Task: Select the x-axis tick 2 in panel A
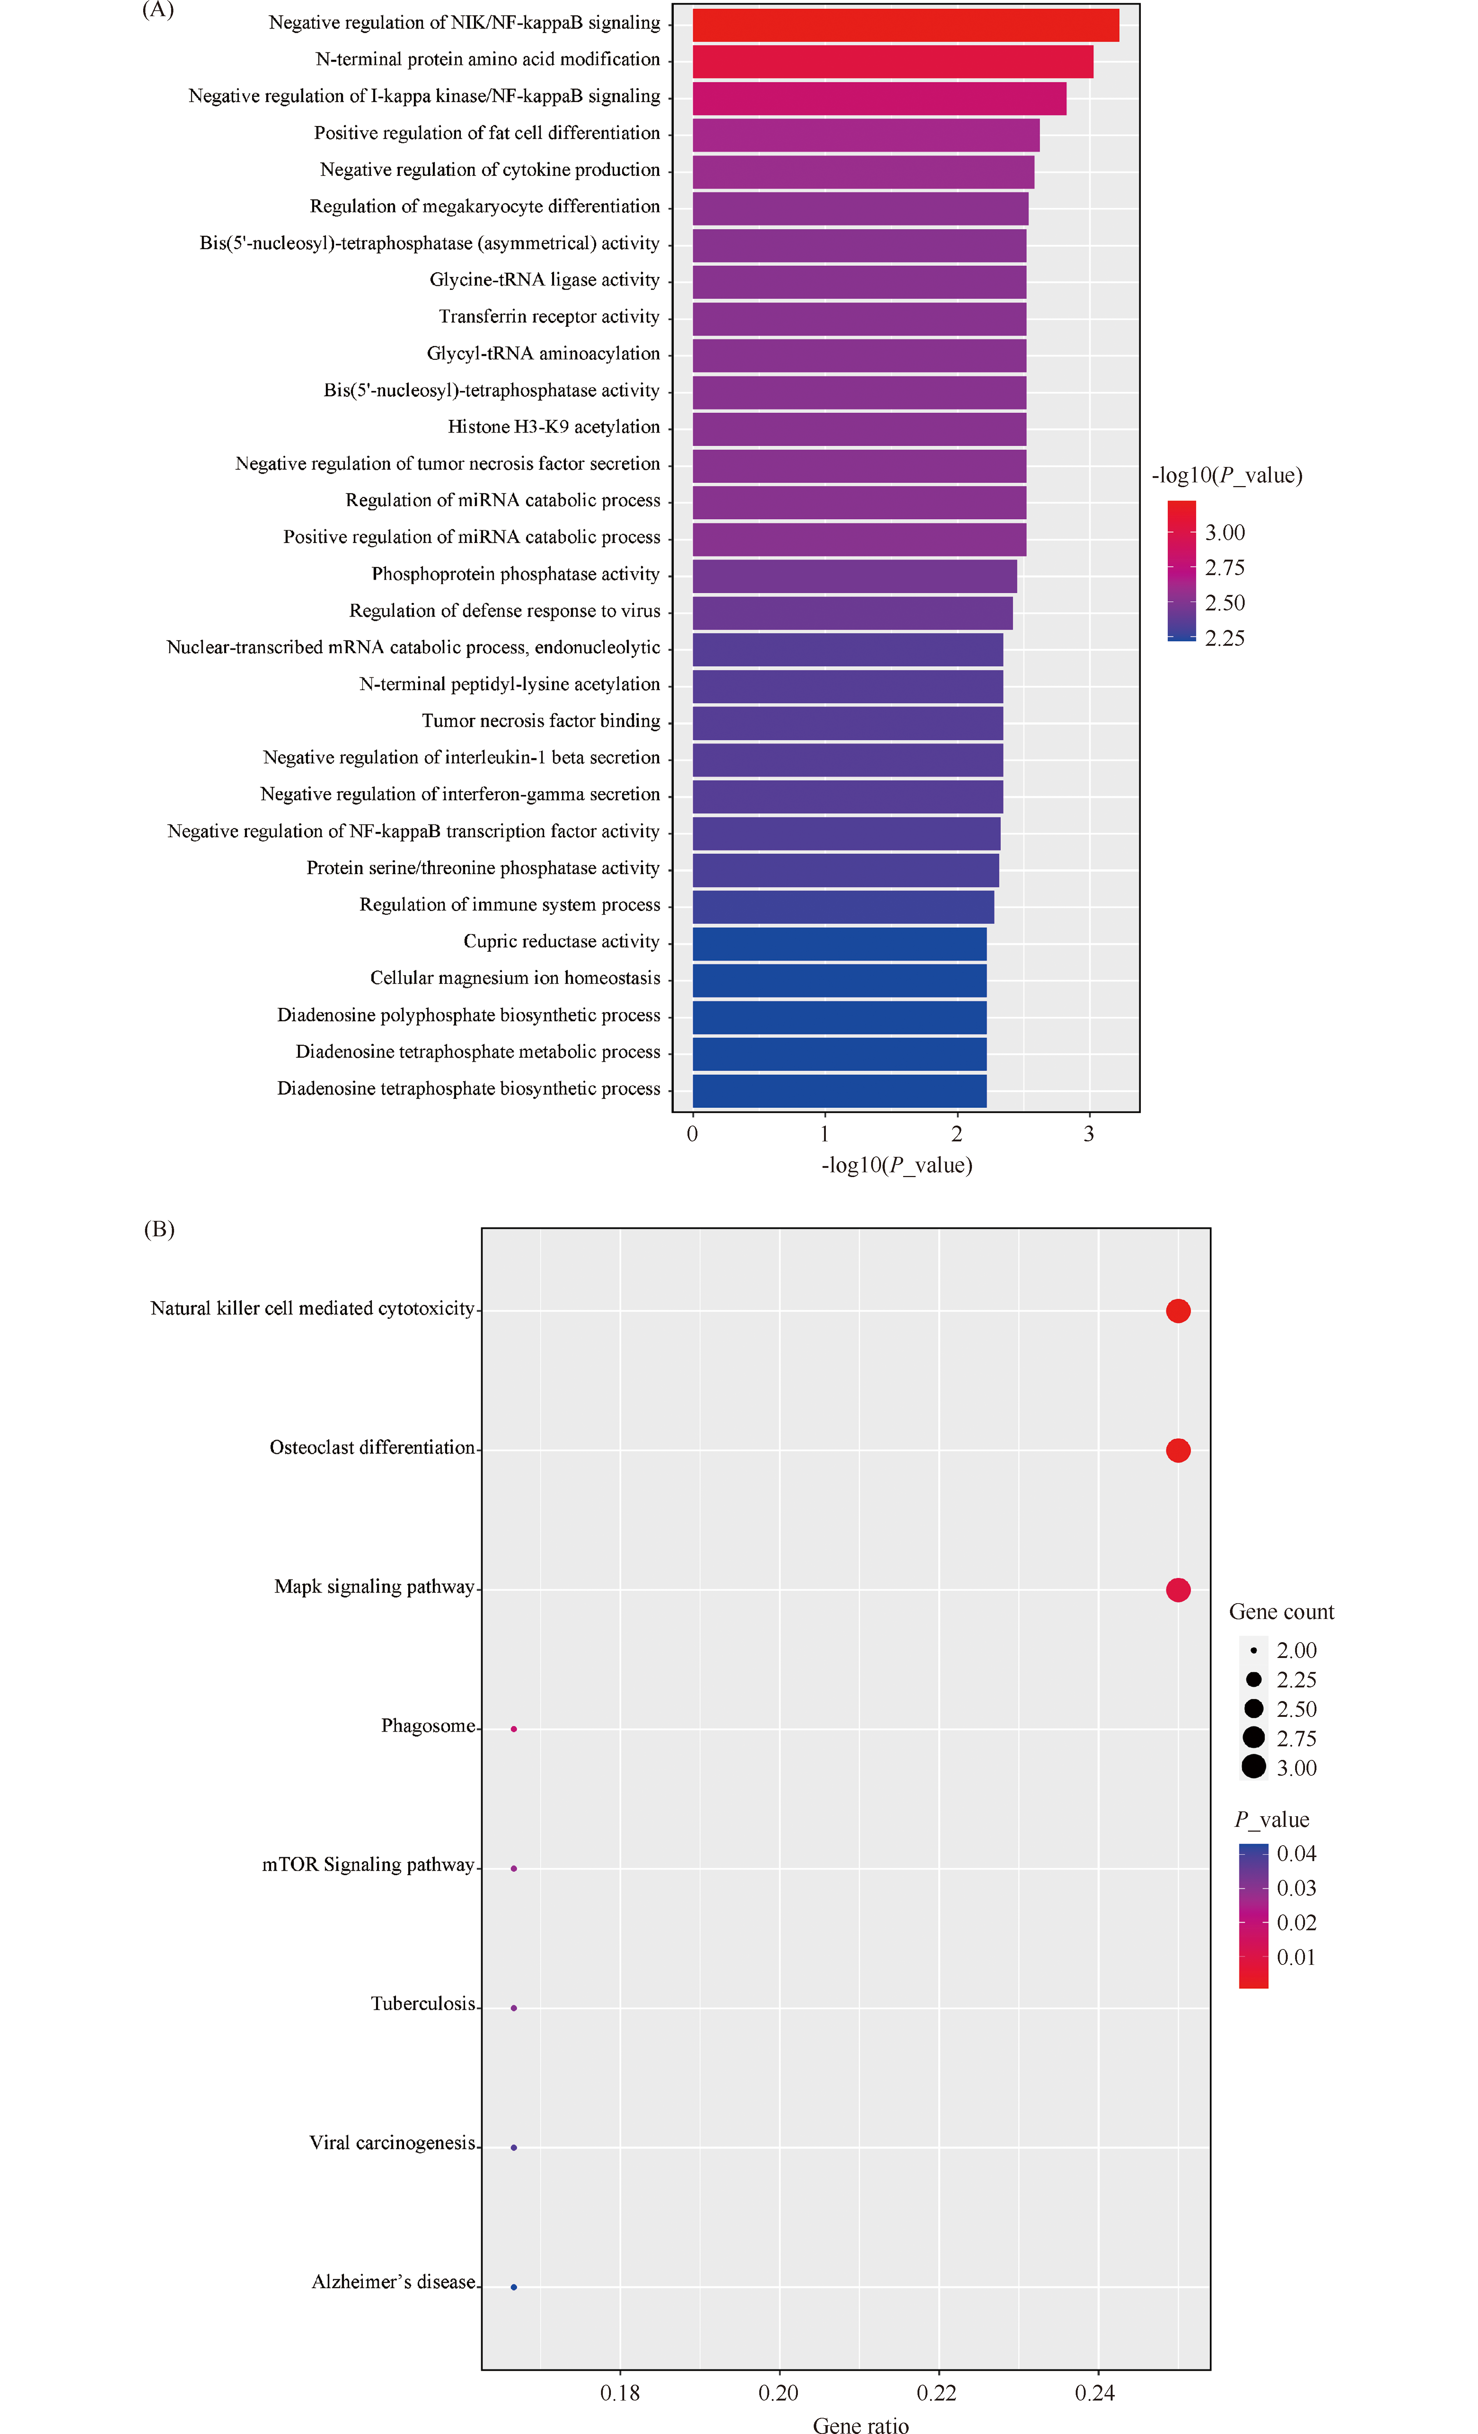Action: [957, 1134]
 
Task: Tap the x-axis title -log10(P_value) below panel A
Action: [896, 1166]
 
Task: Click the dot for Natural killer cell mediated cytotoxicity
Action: [1178, 1311]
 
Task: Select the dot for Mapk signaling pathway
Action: [1178, 1590]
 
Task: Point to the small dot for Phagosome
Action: [514, 1729]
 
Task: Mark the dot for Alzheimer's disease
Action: [514, 2287]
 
